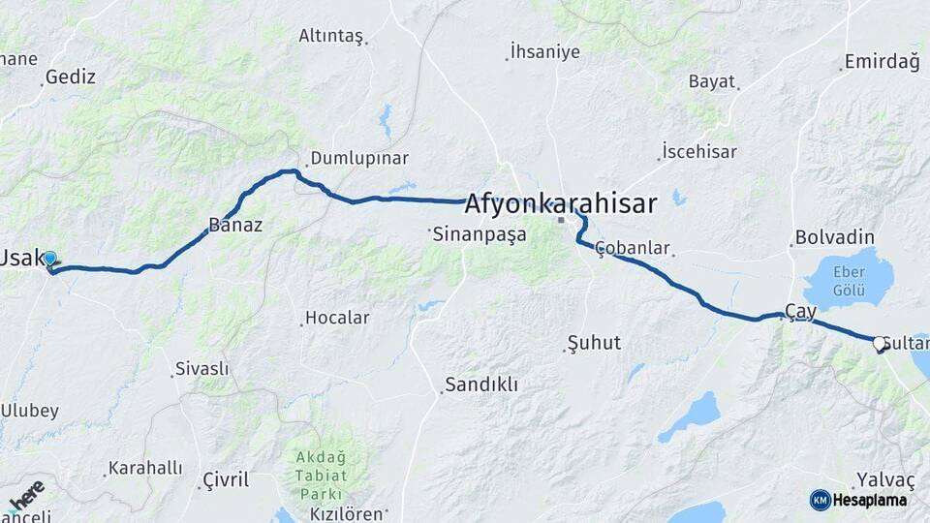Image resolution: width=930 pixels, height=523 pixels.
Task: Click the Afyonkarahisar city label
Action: click(x=560, y=203)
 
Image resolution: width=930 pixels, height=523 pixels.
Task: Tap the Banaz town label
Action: click(x=235, y=226)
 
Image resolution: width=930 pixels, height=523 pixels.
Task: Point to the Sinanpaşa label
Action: click(x=480, y=233)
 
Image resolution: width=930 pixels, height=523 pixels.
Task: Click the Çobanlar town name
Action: click(x=633, y=248)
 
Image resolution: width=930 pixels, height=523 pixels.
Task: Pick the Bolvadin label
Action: click(x=834, y=237)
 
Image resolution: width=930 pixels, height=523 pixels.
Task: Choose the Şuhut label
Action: click(x=594, y=343)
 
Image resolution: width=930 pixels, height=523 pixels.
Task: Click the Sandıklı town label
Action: click(x=481, y=385)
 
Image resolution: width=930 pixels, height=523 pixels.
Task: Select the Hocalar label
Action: click(x=337, y=317)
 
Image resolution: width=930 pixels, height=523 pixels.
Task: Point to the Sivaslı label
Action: click(x=201, y=369)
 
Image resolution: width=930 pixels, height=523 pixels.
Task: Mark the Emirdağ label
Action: click(x=881, y=62)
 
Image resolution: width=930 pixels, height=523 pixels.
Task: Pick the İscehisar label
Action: click(x=699, y=152)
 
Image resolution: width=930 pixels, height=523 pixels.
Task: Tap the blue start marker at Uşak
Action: click(x=50, y=260)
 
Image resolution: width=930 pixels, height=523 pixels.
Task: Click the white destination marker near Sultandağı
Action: click(x=880, y=343)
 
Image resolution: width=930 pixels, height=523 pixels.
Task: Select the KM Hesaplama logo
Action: click(x=858, y=500)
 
